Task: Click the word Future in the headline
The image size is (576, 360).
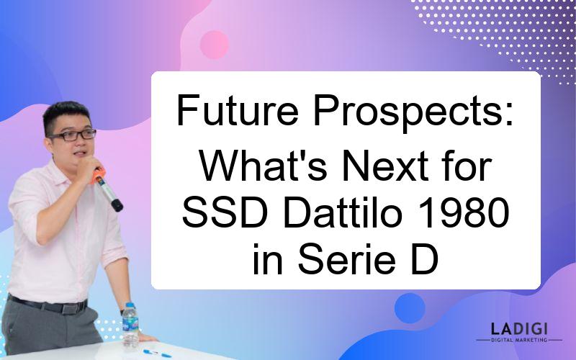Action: pos(238,110)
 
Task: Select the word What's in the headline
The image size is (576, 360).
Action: pos(263,166)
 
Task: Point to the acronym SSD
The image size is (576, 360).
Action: pos(225,214)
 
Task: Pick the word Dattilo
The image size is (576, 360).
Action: pos(343,214)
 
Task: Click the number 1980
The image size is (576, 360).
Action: pos(464,214)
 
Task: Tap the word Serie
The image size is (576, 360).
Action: pos(347,259)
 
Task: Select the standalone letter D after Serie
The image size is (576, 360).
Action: pos(425,259)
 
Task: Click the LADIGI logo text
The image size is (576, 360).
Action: pos(519,329)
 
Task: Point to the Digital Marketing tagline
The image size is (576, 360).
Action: pos(519,340)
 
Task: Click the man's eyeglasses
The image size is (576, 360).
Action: pos(73,135)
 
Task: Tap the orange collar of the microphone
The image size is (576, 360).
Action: pos(98,175)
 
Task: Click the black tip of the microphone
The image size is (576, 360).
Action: pos(117,205)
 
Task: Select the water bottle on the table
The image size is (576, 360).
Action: pos(130,325)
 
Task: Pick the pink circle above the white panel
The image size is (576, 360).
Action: pos(214,45)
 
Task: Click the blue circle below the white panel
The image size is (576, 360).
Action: pos(410,308)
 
